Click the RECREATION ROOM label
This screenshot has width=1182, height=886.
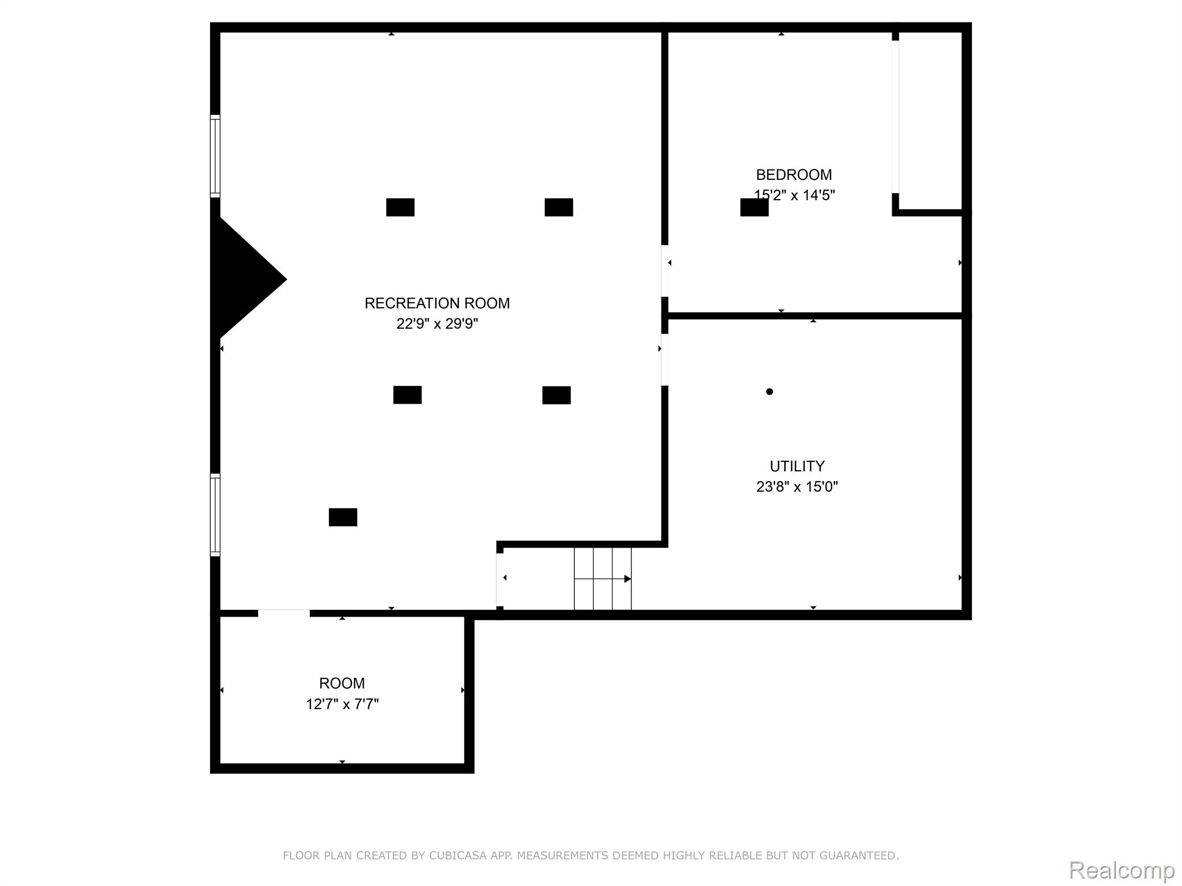click(x=437, y=303)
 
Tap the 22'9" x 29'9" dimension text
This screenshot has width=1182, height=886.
click(x=437, y=324)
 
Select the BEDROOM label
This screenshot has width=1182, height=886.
click(x=794, y=175)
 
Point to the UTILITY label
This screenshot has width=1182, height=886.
click(x=796, y=466)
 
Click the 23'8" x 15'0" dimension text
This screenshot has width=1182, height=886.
click(x=796, y=487)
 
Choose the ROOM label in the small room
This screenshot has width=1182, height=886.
click(x=342, y=684)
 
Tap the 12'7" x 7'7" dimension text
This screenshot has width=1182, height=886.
click(x=342, y=704)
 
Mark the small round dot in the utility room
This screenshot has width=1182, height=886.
click(x=769, y=392)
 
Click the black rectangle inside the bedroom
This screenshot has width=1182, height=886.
click(x=754, y=208)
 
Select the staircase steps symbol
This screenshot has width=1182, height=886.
click(x=603, y=579)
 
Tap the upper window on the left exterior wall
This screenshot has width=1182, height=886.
click(x=215, y=156)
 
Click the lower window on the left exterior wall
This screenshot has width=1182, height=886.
click(x=215, y=515)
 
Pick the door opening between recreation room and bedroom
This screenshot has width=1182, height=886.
click(x=664, y=271)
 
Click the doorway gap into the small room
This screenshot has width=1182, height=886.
click(x=283, y=613)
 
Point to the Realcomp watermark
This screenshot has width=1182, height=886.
click(x=1121, y=870)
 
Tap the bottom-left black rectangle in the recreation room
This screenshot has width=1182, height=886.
click(x=343, y=517)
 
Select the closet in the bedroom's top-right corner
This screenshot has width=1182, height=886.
click(x=930, y=121)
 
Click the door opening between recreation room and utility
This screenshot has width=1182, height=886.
click(x=664, y=359)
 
